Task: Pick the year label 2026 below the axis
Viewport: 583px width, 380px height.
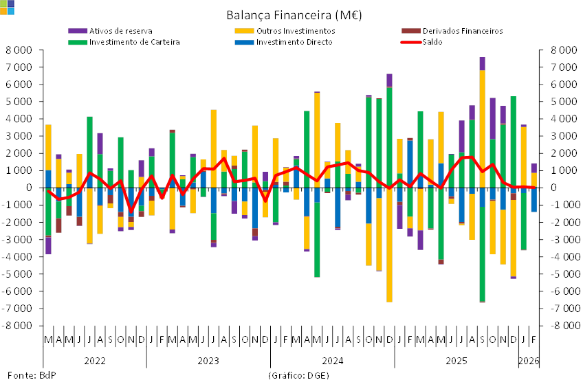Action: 528,360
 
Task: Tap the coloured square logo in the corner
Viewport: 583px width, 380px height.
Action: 6,7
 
